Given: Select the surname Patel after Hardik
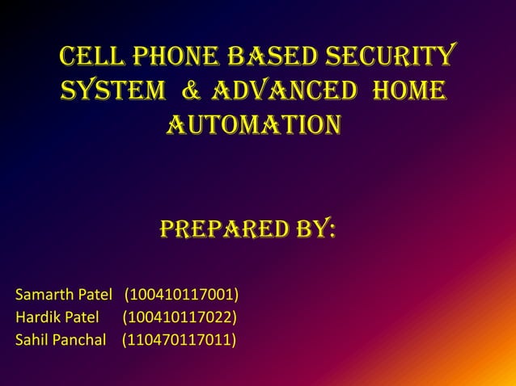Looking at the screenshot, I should [x=82, y=315].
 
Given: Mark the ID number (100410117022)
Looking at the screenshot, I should [x=180, y=315].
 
